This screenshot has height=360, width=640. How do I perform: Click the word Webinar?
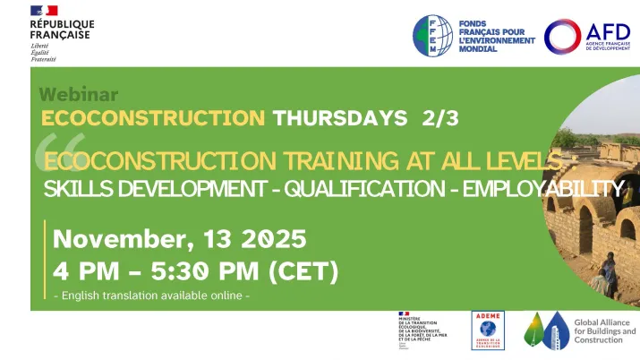coord(79,94)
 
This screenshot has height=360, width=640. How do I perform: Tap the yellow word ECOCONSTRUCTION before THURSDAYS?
coord(153,117)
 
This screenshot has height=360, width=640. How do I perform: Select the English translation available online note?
coord(151,296)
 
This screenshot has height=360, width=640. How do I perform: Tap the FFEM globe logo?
coord(433,37)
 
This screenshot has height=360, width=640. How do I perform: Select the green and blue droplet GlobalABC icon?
coord(545,333)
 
